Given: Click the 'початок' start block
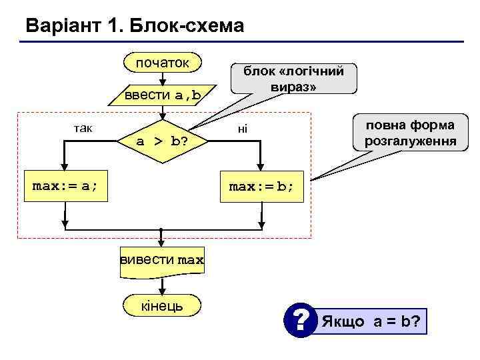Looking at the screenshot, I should [x=162, y=63].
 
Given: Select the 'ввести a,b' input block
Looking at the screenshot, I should [x=163, y=95].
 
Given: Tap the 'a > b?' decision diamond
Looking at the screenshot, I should [x=161, y=141].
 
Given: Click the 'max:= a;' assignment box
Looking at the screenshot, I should [x=65, y=186].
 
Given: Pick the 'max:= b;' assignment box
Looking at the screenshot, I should [x=261, y=186].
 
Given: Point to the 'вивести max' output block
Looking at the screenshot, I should [x=162, y=259].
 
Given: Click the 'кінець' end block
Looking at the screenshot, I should [x=162, y=305].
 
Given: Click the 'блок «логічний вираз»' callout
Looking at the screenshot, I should [x=293, y=79].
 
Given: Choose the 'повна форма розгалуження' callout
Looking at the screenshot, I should [x=410, y=133].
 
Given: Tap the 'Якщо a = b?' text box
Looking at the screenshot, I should [x=371, y=321].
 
